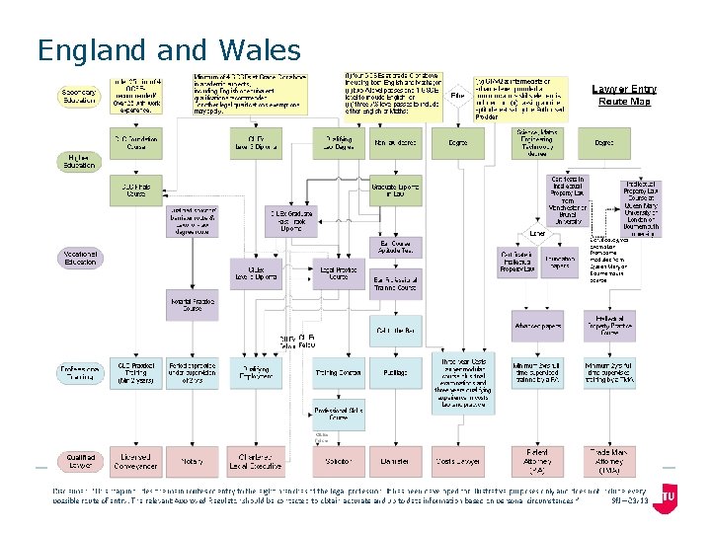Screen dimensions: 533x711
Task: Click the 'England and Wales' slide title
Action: [168, 49]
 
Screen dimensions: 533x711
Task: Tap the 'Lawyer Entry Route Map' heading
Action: [624, 95]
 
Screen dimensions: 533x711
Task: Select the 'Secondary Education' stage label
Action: [80, 95]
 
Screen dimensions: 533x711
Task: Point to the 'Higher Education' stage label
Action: [79, 161]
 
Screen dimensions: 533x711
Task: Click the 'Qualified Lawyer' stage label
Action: [80, 461]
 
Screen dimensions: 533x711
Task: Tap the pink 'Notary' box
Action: [192, 461]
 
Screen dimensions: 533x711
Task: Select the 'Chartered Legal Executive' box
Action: [256, 461]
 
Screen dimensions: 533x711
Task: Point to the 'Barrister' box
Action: [395, 461]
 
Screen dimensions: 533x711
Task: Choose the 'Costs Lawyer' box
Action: [458, 461]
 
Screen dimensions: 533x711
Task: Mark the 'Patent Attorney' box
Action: [537, 461]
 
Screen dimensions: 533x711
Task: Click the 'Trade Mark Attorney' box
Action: [609, 461]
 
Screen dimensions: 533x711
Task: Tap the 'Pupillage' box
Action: [395, 374]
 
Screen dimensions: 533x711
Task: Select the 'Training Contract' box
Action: [338, 374]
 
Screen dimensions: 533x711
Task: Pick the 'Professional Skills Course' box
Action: [338, 413]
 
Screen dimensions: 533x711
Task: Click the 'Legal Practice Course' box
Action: [338, 274]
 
